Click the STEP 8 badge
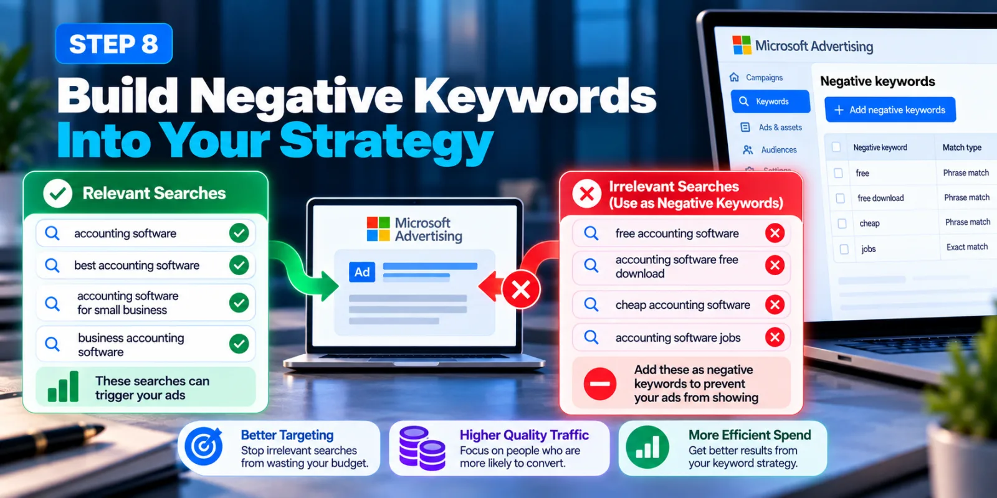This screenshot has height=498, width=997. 114,44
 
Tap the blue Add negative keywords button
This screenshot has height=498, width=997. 890,110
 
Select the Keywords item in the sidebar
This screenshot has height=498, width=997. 770,101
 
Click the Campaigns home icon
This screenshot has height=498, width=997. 735,77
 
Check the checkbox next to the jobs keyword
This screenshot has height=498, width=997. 844,249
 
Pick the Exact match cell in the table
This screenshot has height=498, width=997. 966,247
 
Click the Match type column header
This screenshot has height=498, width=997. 962,147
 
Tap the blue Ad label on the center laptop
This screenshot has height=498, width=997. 362,271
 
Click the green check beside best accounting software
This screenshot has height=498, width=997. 239,265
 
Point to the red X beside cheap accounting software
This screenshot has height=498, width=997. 775,304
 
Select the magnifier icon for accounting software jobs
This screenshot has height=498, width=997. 591,337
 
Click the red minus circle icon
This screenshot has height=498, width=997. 600,383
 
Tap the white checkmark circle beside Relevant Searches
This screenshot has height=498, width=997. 58,194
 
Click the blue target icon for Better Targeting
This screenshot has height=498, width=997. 204,446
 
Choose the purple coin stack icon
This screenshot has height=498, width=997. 422,448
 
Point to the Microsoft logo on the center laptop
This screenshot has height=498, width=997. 378,229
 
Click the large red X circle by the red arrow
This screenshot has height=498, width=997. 521,290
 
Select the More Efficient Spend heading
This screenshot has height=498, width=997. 750,435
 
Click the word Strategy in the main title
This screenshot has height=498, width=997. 386,141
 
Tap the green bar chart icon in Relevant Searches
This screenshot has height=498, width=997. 63,387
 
